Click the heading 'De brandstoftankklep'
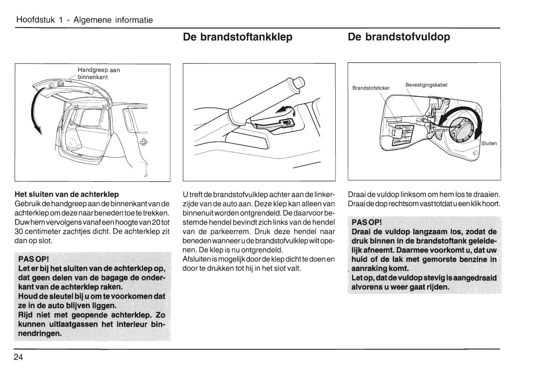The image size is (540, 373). (x=238, y=37)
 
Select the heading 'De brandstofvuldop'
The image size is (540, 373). (x=399, y=37)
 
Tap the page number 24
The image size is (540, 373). (x=18, y=357)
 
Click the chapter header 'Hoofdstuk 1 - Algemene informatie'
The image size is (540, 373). (x=84, y=20)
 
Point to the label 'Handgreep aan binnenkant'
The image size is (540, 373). (x=98, y=74)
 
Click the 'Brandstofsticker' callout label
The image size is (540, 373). (x=371, y=88)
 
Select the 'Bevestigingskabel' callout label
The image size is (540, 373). (x=426, y=85)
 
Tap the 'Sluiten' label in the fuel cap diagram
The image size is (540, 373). (x=489, y=144)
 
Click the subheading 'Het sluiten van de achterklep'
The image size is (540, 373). (x=67, y=194)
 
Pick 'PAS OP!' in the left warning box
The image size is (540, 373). (x=34, y=259)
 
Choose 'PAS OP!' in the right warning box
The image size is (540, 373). (x=367, y=223)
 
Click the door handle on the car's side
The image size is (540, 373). (x=143, y=142)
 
